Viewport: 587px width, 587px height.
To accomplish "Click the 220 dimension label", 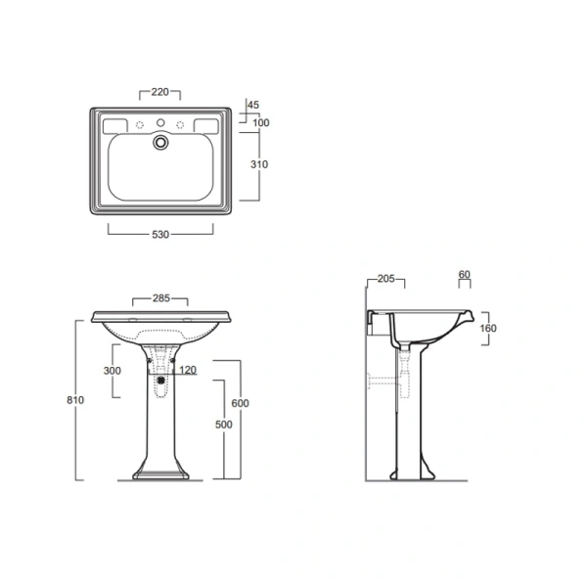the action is pos(159,92).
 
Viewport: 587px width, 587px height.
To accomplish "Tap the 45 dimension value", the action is pos(253,105).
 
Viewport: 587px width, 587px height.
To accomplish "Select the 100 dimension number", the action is pos(261,122).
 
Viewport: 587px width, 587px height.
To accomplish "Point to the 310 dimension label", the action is pos(259,164).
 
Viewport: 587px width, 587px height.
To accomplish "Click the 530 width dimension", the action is pos(160,235).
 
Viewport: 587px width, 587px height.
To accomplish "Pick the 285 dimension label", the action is pos(161,298).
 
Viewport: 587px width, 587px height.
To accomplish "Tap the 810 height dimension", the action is pos(75,400).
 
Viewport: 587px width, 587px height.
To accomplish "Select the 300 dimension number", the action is pos(113,371).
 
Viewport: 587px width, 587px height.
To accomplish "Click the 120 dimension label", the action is pos(188,370).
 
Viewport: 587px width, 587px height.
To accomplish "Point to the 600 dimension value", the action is pos(240,403).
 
